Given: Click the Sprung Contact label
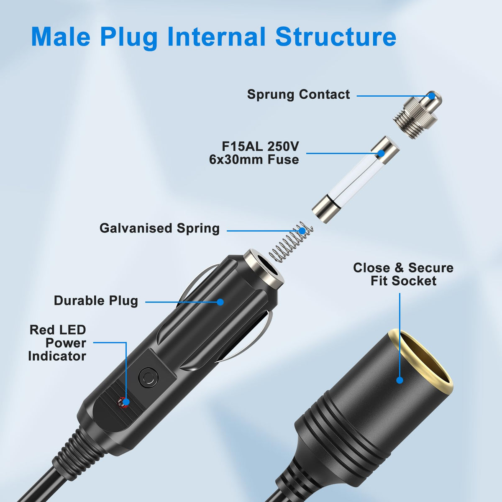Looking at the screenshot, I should point(298,95).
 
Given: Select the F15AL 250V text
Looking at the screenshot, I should point(260,146).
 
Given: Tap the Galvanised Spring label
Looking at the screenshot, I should point(159,228).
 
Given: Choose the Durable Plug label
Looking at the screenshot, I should point(96,301).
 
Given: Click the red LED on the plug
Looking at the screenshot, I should point(123,402).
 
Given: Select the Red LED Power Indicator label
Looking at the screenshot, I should point(57,343).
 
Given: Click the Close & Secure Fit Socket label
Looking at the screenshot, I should point(403,274).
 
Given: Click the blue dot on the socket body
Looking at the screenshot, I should point(400,380).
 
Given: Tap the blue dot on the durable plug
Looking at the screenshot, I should point(220,302).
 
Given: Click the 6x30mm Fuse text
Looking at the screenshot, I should point(254,160).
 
